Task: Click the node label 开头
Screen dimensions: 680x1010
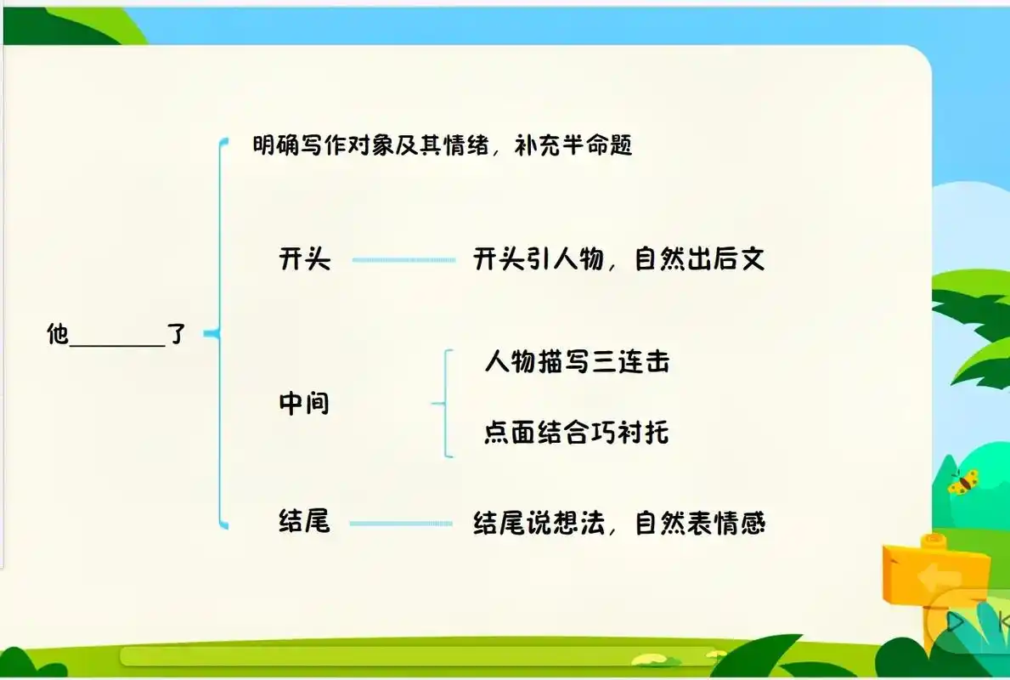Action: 304,258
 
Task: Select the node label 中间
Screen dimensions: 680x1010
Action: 304,403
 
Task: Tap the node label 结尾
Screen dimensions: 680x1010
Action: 304,521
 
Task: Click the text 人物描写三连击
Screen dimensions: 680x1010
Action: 577,362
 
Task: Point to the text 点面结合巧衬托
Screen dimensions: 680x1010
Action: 577,433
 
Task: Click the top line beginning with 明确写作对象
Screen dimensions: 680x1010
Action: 443,145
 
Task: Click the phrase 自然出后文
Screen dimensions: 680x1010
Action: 700,258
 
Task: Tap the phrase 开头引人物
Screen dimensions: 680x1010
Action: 538,258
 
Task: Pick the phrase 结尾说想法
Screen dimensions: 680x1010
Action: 538,524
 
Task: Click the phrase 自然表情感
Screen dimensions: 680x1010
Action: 700,524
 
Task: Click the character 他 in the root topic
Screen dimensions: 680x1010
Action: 57,334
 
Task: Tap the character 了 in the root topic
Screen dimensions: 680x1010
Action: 176,334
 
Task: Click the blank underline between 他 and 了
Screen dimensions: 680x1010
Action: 116,343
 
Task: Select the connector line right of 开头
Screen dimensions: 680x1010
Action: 403,259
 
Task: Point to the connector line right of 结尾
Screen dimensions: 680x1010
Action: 401,524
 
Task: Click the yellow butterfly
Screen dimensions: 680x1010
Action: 962,483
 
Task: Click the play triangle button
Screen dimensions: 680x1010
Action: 956,622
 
